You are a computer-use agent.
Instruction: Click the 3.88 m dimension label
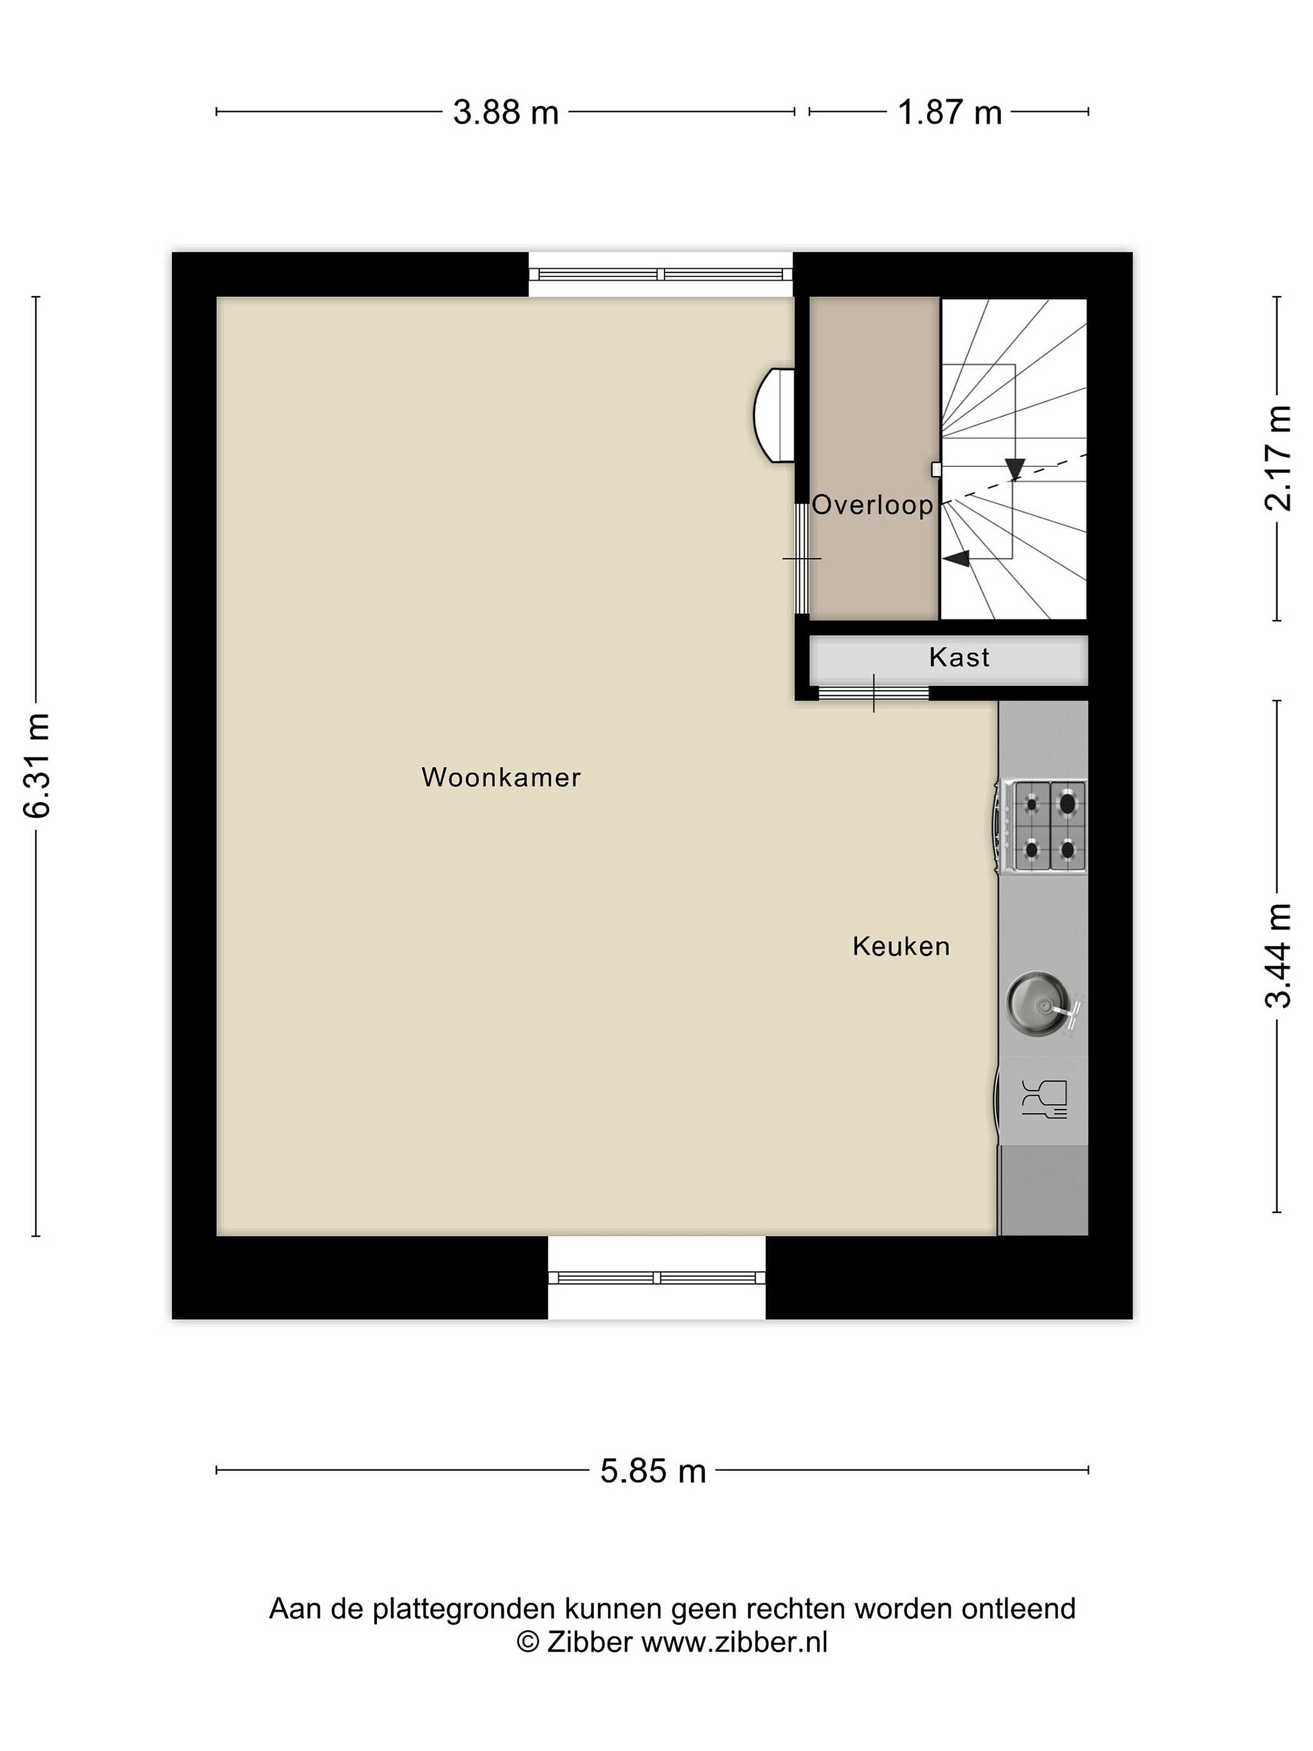tap(506, 112)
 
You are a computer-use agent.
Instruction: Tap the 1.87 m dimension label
tap(949, 112)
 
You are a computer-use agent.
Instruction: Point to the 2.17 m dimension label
tap(1277, 458)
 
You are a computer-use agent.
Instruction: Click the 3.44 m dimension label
tap(1277, 956)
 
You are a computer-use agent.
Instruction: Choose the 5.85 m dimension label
tap(653, 1471)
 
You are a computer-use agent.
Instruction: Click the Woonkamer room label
tap(501, 778)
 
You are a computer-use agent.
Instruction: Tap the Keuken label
tap(901, 946)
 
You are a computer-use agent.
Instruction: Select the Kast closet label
tap(959, 657)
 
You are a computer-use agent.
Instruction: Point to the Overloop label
tap(873, 505)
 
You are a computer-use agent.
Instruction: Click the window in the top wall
tap(661, 275)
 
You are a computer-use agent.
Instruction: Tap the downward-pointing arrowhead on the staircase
tap(1015, 469)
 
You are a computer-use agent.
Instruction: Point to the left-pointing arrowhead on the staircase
tap(956, 559)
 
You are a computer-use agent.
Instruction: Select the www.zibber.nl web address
tap(734, 1620)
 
